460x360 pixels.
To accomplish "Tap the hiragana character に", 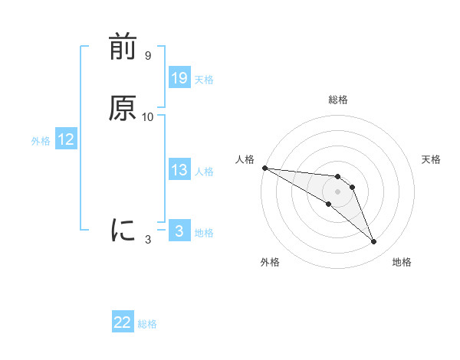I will pos(123,229).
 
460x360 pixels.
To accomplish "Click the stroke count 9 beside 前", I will pos(147,56).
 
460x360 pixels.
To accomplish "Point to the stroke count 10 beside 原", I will pos(148,116).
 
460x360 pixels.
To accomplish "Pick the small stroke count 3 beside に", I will pos(148,240).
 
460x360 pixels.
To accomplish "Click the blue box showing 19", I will pos(179,78).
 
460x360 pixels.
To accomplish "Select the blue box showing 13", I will pos(179,170).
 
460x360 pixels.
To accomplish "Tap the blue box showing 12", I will pos(66,139).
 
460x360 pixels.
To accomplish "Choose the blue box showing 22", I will pos(123,322).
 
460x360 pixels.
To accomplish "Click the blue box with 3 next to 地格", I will pos(179,231).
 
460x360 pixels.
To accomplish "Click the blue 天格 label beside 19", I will pos(204,79).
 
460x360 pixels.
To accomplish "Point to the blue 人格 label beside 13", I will pos(204,171).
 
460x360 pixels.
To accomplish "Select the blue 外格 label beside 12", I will pos(41,140).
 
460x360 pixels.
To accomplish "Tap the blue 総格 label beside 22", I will pos(147,323).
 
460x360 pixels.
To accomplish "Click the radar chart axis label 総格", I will pos(337,100).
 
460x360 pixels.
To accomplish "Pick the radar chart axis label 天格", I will pos(432,159).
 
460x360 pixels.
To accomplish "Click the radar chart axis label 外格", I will pos(270,262).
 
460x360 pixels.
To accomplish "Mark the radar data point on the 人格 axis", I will pos(264,167).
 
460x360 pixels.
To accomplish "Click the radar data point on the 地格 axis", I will pos(374,242).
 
